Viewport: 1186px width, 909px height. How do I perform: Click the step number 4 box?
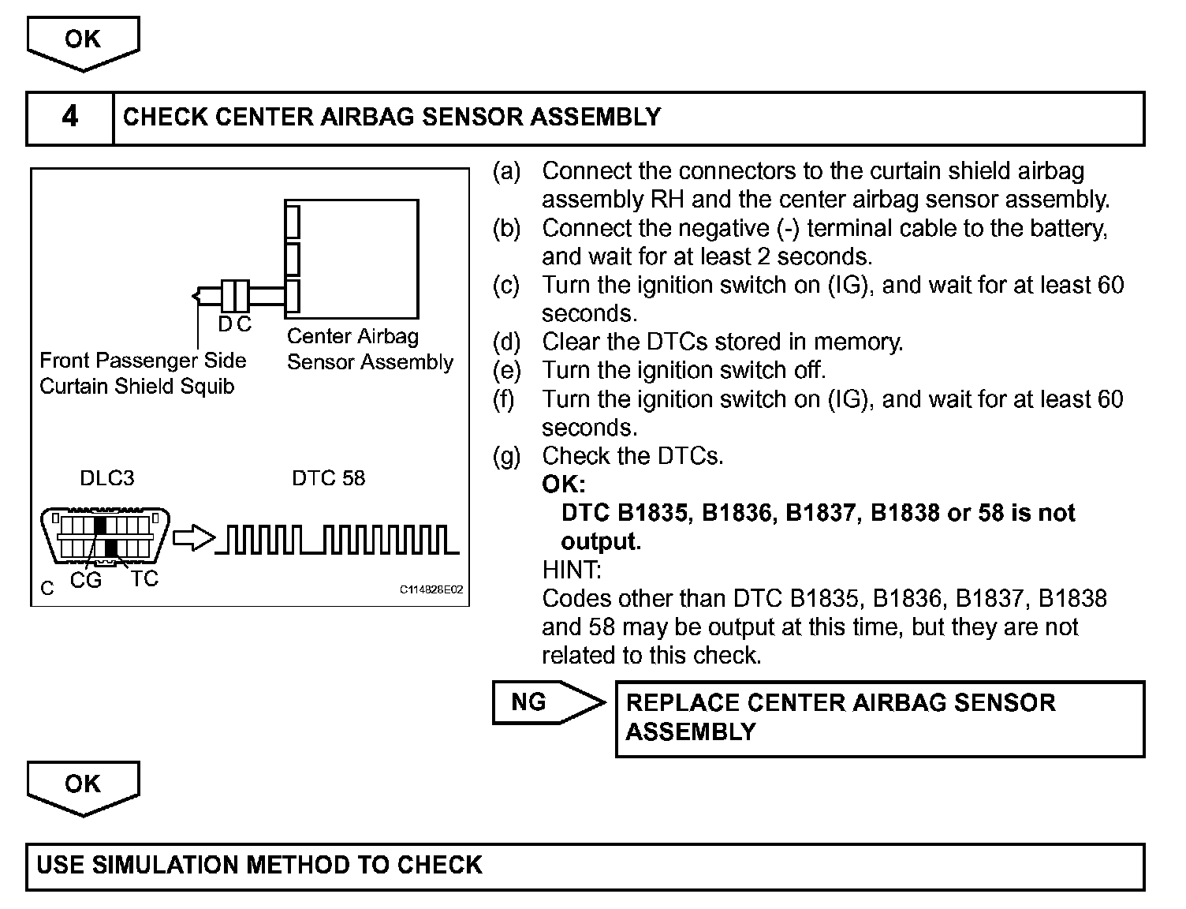69,118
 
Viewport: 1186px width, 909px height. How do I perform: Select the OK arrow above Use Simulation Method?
83,786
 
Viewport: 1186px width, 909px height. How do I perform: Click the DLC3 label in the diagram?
107,478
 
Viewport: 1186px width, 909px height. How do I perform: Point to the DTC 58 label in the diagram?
328,478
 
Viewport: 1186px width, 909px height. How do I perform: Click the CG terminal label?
86,581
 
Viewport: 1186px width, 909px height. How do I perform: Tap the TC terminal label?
144,579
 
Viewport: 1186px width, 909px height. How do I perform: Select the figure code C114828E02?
431,590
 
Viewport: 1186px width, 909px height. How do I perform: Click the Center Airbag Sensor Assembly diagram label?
370,350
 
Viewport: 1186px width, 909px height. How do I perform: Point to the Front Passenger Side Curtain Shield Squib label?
143,373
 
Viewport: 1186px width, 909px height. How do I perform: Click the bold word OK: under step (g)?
563,484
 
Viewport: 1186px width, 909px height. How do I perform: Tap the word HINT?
572,570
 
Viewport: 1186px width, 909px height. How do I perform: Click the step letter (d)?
506,342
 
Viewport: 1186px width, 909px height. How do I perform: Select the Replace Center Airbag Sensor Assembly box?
879,718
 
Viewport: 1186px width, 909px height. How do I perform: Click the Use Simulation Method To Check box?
584,866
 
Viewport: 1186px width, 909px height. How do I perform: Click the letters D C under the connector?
234,324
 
